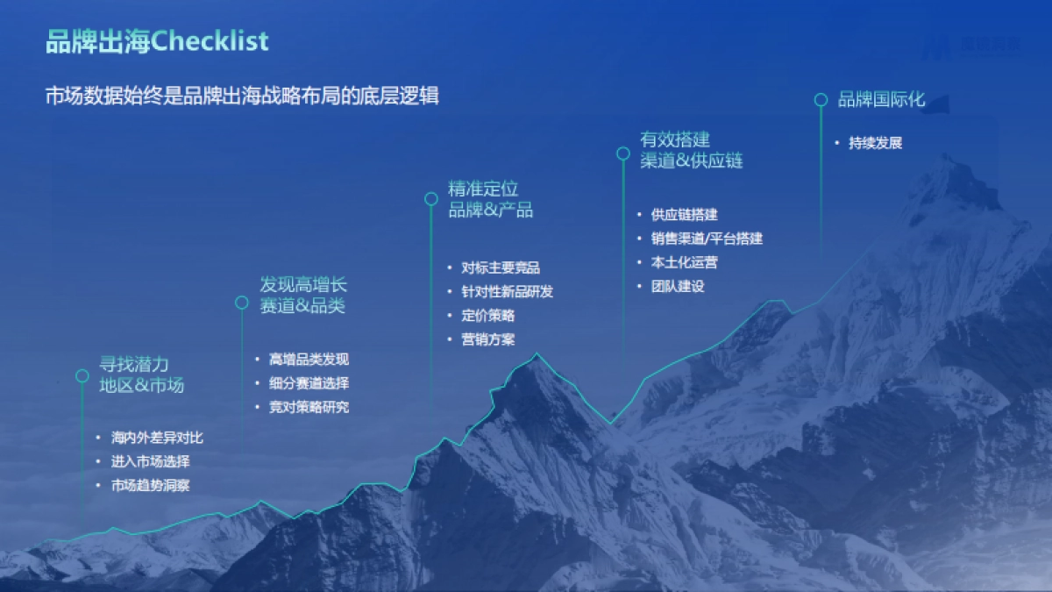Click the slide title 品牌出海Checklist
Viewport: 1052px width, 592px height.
(x=157, y=41)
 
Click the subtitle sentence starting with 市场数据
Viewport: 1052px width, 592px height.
(x=242, y=96)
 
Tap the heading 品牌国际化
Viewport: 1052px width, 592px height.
(x=881, y=99)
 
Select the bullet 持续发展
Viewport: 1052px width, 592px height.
(x=875, y=143)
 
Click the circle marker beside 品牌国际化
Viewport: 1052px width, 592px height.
(x=821, y=100)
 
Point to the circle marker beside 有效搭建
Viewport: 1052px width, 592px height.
(x=623, y=153)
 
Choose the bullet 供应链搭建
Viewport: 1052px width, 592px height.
(x=685, y=215)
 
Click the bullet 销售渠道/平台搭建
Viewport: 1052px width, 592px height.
(x=707, y=239)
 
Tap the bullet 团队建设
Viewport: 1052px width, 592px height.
(x=678, y=286)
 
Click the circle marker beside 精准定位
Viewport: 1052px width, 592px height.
(x=431, y=199)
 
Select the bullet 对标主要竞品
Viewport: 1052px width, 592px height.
(x=501, y=268)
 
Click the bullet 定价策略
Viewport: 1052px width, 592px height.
(x=487, y=316)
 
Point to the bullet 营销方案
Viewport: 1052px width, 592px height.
(x=487, y=339)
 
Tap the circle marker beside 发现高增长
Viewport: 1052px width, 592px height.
(x=242, y=303)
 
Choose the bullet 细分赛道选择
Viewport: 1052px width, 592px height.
(x=309, y=383)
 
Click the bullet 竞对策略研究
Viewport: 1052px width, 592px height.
(x=309, y=407)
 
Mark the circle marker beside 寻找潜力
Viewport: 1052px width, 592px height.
(x=82, y=375)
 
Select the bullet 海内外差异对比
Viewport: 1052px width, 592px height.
(x=158, y=438)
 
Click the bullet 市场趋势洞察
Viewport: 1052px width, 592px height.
(x=151, y=485)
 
